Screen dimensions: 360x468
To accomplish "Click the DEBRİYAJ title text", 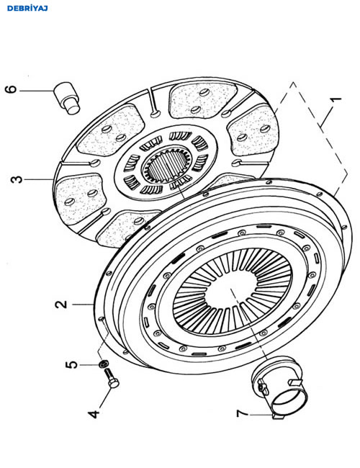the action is tap(27, 9).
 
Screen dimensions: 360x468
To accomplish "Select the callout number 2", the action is tap(61, 305).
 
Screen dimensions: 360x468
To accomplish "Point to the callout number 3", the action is tap(17, 179).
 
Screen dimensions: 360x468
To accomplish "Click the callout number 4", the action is tap(94, 414).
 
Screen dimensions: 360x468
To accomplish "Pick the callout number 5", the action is tap(72, 365).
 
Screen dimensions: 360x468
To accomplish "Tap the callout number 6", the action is tap(11, 89).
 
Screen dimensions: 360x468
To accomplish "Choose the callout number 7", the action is tap(243, 414).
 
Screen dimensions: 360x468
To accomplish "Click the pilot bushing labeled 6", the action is tap(67, 98).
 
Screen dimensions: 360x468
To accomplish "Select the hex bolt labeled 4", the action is tap(112, 378).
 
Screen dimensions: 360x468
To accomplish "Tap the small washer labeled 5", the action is tap(104, 364).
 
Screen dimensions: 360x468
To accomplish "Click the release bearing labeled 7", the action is tap(279, 387).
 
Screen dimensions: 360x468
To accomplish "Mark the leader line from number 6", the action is tap(37, 91).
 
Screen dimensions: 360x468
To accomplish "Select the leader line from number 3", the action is tap(38, 179).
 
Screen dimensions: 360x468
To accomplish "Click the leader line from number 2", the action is tap(83, 305).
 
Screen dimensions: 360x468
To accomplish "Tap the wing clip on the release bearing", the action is tap(263, 386).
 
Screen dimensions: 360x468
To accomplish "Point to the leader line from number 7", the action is tap(262, 415).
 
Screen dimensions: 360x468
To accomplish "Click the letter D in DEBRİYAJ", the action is tap(9, 9).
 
